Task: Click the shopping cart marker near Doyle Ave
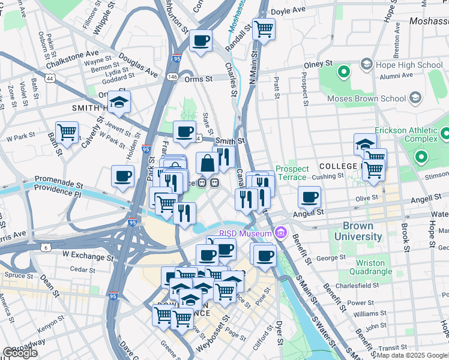[x=264, y=28]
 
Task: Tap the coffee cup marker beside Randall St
[x=200, y=41]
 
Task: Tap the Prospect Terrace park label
[x=291, y=174]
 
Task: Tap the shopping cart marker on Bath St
[x=67, y=132]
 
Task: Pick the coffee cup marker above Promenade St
[x=123, y=176]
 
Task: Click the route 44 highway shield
[x=49, y=79]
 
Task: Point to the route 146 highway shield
[x=173, y=77]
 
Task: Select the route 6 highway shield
[x=46, y=248]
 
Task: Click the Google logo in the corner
[x=20, y=353]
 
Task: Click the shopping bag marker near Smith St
[x=207, y=163]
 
